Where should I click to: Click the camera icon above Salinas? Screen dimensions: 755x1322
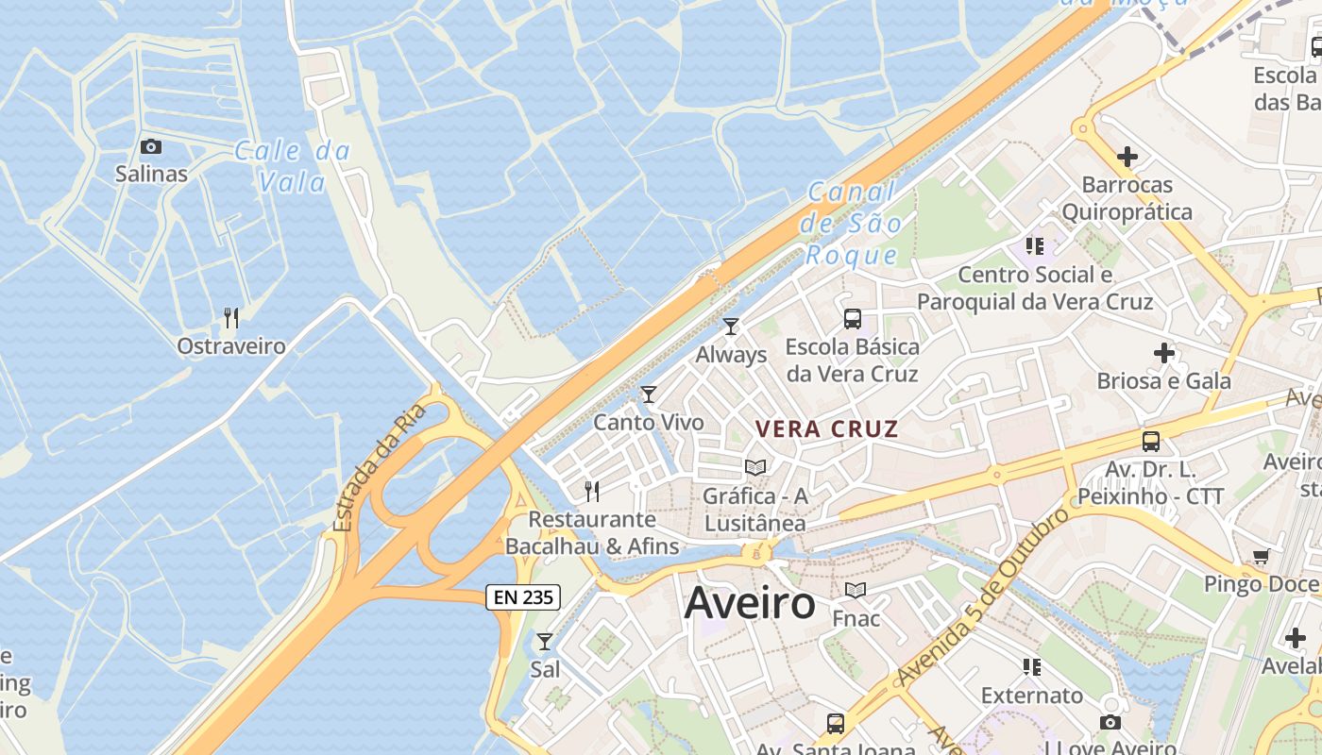(150, 146)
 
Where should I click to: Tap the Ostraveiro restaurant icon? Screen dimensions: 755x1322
(230, 317)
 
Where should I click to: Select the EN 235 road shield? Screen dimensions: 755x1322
(523, 596)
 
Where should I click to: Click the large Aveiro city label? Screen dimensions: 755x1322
(750, 602)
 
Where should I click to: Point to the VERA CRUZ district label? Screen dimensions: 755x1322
(826, 428)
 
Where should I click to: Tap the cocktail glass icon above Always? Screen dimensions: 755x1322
(730, 327)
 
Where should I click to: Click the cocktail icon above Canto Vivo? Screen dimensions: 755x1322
(648, 394)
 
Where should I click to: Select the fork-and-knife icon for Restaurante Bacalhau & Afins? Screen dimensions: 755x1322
(591, 491)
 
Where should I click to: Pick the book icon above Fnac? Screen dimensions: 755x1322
(856, 591)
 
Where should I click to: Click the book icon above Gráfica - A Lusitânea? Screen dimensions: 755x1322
(754, 467)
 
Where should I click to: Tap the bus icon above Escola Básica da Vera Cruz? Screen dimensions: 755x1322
(852, 319)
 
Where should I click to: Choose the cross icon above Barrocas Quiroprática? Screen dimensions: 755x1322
(1127, 156)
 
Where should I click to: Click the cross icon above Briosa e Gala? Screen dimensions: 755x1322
(1163, 353)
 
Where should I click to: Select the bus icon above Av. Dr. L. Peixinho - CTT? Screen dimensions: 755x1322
(1150, 441)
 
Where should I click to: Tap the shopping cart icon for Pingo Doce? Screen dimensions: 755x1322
(1261, 556)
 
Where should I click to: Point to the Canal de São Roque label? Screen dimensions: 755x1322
(850, 224)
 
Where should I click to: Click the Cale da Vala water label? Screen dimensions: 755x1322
(292, 165)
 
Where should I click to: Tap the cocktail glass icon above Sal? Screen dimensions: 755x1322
(545, 642)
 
